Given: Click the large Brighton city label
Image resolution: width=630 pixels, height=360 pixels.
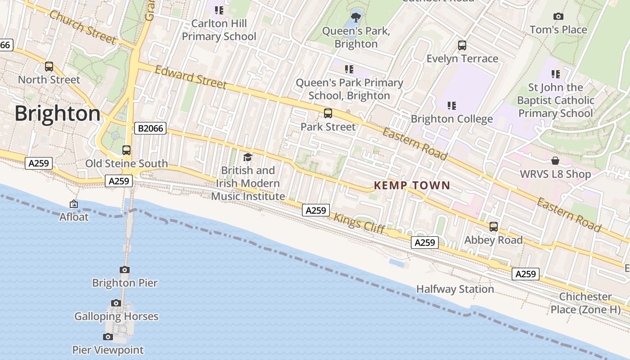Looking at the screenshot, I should coord(58,113).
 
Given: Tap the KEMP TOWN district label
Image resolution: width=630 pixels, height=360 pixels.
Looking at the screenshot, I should coord(412,185).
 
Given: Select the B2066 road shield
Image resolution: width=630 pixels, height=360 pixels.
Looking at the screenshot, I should coord(150,129).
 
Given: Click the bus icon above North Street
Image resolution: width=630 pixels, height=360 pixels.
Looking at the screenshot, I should coord(49,67).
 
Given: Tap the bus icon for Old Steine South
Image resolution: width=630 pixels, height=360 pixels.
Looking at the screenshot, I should coord(126,150).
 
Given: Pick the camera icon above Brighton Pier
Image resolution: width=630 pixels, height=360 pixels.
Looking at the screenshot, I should coord(125,270).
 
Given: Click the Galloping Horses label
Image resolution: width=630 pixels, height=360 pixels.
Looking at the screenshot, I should coord(116,316).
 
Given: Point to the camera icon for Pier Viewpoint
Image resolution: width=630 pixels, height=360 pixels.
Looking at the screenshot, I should coord(108,337).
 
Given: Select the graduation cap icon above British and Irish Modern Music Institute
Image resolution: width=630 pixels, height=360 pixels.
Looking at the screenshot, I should coord(247,157).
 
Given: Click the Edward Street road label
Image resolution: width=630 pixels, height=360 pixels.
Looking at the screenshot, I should coord(191,77).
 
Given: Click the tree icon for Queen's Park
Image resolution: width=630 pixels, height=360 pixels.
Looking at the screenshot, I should coord(356,18).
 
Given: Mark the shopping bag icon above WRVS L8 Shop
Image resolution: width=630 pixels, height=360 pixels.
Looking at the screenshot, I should coord(555,161).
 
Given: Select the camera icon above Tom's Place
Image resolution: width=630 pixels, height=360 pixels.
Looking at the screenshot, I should coord(558,17).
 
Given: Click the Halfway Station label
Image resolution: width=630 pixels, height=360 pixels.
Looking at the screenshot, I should coord(455,289).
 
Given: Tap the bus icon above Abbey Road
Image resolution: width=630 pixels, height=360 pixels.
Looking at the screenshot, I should coord(494,227).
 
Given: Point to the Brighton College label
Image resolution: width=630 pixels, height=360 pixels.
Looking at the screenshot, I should coord(452,119).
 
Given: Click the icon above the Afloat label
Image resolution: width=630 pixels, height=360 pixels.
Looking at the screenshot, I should coord(74,204).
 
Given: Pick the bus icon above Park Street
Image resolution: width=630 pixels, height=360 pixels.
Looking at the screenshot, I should coord(328,113).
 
